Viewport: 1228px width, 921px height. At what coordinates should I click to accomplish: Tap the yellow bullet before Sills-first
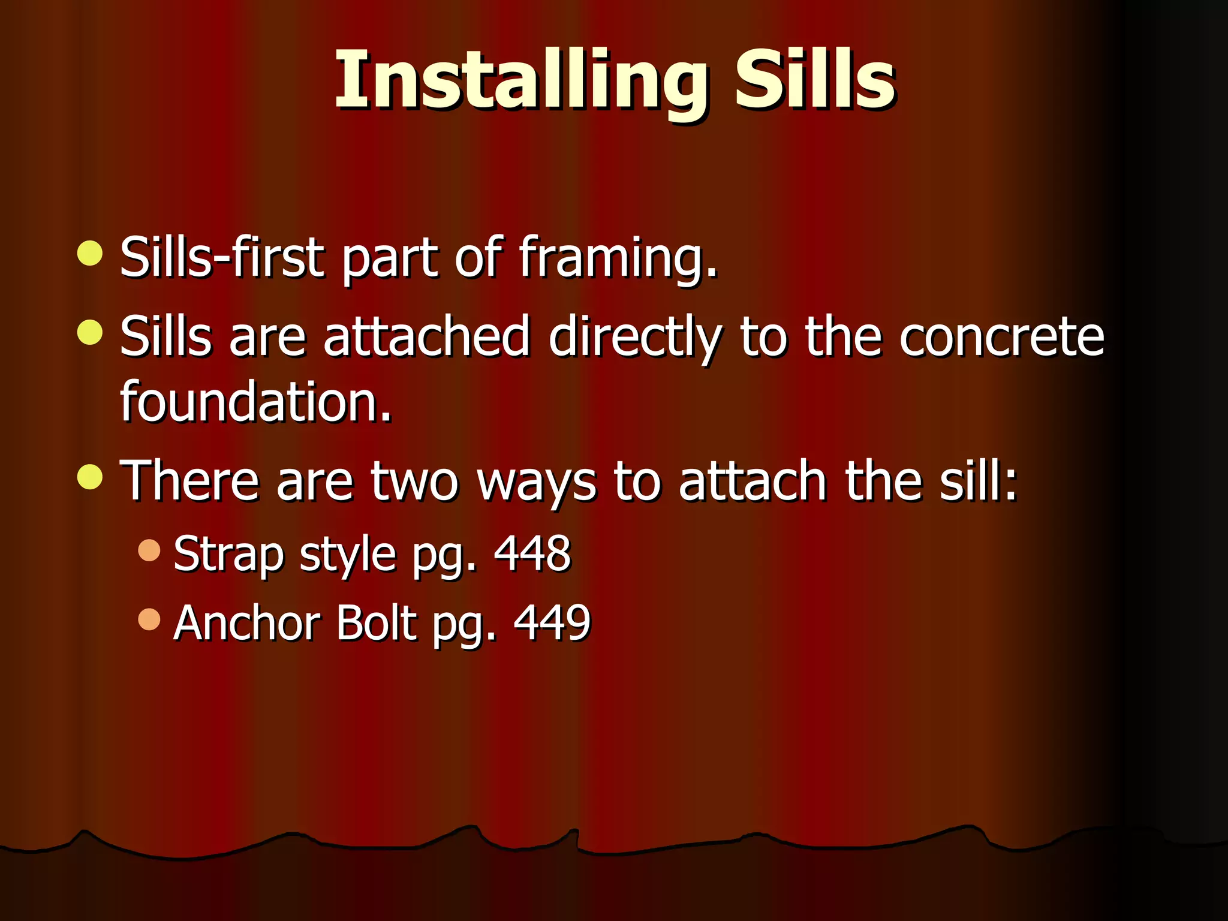point(90,253)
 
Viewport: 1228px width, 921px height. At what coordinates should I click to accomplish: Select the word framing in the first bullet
point(618,258)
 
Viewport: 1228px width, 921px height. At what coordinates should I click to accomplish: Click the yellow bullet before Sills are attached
point(90,333)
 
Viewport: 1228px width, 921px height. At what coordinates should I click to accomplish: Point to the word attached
point(426,336)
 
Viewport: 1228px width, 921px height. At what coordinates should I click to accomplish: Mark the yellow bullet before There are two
point(90,477)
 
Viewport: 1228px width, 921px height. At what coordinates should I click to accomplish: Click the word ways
point(537,483)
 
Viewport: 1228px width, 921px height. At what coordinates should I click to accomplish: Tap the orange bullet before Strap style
point(149,550)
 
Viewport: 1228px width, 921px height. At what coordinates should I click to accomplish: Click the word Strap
point(228,554)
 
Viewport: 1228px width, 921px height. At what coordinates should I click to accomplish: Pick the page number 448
point(532,553)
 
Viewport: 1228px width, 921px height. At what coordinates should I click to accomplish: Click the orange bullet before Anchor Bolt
point(149,619)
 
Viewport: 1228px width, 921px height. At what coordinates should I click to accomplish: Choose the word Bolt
point(376,623)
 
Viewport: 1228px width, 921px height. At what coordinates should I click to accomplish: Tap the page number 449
point(552,623)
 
